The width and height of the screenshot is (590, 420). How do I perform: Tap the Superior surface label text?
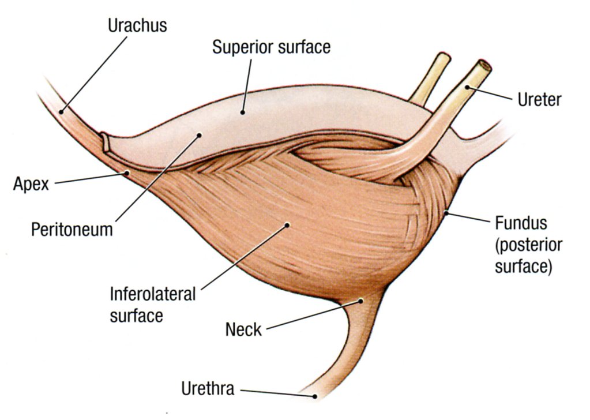tap(272, 47)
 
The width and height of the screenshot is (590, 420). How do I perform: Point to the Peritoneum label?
tap(72, 229)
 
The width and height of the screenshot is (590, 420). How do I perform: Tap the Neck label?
tap(243, 330)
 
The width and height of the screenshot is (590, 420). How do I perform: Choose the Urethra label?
tap(208, 389)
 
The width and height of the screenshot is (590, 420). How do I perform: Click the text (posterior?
tap(528, 245)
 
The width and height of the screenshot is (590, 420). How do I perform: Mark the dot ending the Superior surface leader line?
tap(243, 112)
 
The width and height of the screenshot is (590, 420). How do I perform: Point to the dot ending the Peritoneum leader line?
tap(199, 135)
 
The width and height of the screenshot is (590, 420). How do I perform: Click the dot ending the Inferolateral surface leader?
tap(287, 226)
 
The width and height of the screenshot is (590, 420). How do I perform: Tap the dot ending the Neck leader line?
tap(361, 300)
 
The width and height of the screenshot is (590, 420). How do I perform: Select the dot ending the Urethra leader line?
tap(315, 396)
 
